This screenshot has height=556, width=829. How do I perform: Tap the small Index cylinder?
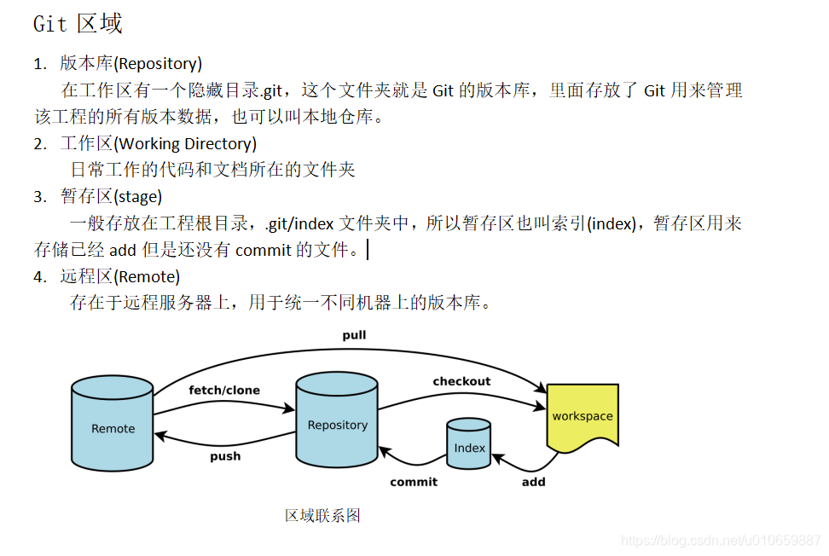coord(469,444)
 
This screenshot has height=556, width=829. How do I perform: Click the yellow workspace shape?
coord(583,416)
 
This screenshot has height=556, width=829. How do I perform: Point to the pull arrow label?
coord(354,335)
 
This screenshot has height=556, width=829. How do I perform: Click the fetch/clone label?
coord(224,391)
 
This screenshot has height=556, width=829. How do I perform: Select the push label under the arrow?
coord(225,456)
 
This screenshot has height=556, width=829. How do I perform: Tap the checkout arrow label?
coord(461,381)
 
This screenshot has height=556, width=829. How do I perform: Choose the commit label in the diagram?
coord(414,482)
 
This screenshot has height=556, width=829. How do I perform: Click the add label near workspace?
coord(533,482)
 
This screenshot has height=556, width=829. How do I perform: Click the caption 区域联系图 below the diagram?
coord(322,515)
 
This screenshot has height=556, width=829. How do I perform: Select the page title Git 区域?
coord(78,24)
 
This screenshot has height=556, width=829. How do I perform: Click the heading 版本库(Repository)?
coord(130,63)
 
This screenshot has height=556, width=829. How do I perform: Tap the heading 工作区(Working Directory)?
coord(158,143)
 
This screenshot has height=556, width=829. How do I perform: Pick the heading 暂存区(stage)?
coord(111,197)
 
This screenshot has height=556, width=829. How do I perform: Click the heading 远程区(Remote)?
coord(120,276)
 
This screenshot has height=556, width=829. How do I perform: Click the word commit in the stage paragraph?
coord(263,250)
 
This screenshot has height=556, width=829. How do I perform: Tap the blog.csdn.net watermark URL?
coord(721,540)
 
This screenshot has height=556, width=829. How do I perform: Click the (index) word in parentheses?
coord(612,223)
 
